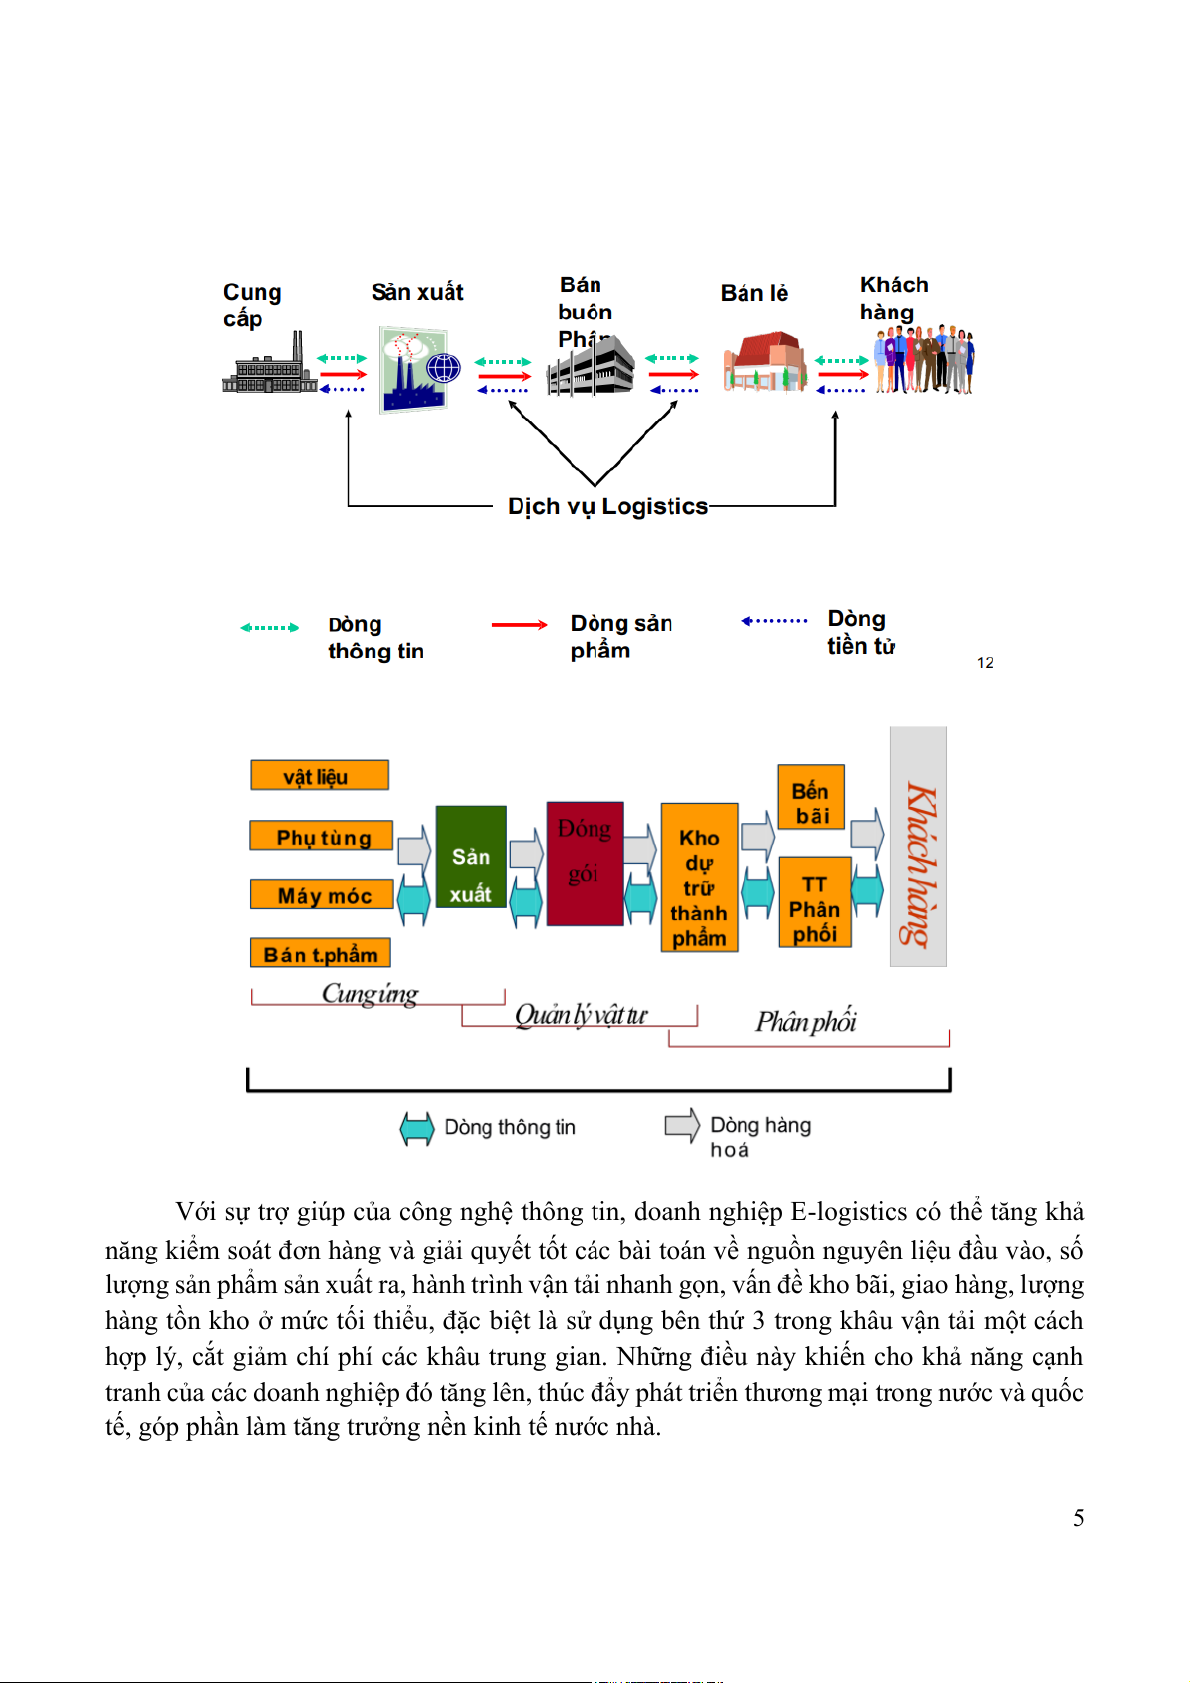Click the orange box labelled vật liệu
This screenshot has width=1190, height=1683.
pos(319,776)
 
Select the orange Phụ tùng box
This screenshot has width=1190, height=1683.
pos(321,836)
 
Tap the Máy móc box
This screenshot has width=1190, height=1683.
pos(321,895)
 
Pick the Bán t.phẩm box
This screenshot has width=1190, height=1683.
pos(320,954)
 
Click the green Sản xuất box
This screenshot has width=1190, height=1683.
pos(471,857)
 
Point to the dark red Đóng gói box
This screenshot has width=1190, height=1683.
pos(586,864)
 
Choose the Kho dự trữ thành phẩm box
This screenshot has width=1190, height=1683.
pos(699,878)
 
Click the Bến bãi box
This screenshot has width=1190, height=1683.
pos(811,798)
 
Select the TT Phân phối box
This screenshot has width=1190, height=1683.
pos(815,903)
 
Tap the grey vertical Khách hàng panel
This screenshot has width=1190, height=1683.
pos(918,847)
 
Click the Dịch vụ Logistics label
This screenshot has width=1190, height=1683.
pos(607,507)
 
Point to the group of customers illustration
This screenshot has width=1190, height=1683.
pos(923,360)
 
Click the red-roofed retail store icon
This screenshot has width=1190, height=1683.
pos(765,362)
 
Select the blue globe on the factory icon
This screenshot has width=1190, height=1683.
pos(443,368)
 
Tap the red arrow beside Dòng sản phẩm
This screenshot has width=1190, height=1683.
pos(519,625)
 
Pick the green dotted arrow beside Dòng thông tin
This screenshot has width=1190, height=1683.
pos(269,628)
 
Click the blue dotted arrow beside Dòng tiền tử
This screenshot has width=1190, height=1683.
pos(774,621)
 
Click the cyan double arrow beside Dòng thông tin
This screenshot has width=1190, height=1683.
pos(417,1128)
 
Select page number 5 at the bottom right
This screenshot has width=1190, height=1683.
pos(1079,1519)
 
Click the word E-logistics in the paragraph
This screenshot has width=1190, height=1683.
pos(848,1212)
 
